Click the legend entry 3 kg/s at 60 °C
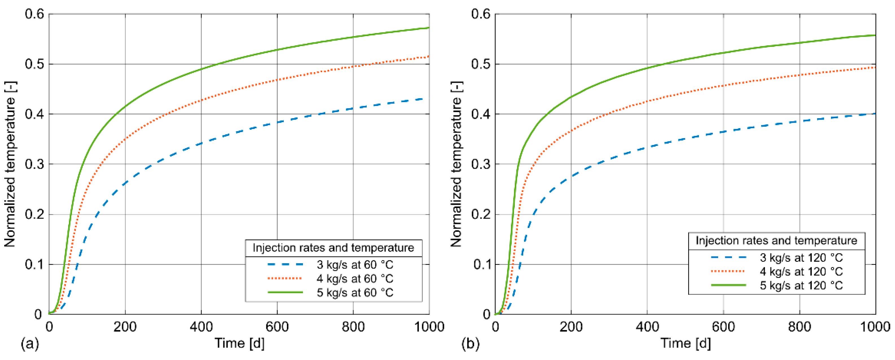point(354,265)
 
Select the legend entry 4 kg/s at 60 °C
point(354,279)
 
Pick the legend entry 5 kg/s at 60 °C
point(354,293)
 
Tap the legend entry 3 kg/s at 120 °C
point(801,258)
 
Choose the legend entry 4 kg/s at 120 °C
point(801,271)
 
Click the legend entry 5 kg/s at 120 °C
point(801,285)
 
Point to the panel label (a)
point(30,344)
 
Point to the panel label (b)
point(470,344)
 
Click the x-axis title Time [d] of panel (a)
point(239,343)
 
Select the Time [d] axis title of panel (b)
point(685,343)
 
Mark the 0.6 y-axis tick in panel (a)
point(35,14)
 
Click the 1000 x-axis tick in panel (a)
point(429,327)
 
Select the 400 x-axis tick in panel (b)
point(647,327)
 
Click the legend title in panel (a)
point(333,248)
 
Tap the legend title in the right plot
point(776,240)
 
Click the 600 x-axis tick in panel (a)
point(277,327)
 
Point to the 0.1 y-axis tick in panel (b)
point(481,264)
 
